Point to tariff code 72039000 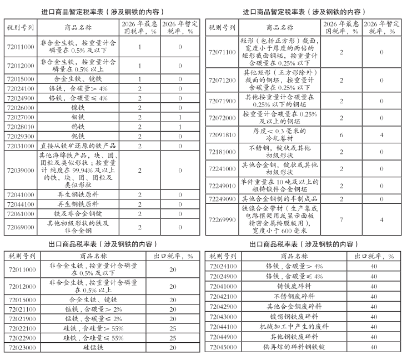click(x=21, y=171)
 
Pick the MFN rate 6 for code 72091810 click(x=341, y=135)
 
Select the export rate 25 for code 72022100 click(x=173, y=328)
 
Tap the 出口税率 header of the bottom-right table click(x=375, y=256)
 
